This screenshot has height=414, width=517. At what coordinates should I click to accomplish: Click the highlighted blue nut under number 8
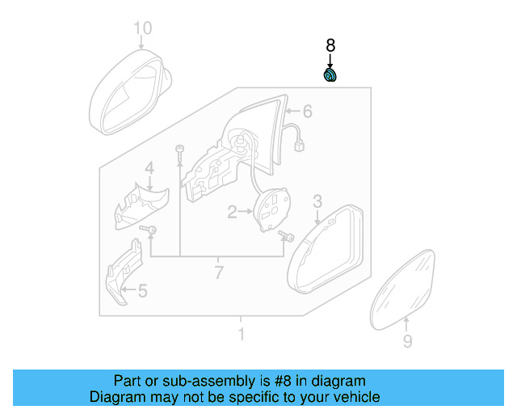point(330,76)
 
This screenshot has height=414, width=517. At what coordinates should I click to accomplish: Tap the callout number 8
point(330,46)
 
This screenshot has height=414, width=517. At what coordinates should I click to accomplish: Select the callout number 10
point(142,30)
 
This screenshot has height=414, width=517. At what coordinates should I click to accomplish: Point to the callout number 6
point(307,111)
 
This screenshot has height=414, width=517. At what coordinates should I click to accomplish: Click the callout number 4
point(149,168)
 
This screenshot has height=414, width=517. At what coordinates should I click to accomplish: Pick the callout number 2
point(232,213)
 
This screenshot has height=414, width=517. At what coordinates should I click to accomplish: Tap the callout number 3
point(317,201)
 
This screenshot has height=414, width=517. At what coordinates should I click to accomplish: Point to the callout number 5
point(142,290)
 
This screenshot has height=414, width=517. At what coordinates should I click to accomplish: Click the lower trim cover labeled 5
point(123,275)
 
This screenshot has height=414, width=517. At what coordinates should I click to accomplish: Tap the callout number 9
point(407,342)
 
